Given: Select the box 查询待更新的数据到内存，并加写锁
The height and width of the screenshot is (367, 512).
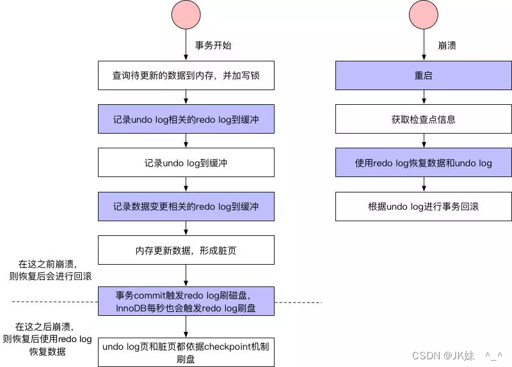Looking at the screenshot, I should point(186,75).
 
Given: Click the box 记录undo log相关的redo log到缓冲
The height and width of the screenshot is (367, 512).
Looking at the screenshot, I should point(186,119).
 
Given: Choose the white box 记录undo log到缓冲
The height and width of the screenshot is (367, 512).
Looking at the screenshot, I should point(186,163).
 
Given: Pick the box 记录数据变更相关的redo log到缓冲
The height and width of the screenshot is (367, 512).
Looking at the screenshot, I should point(186,207).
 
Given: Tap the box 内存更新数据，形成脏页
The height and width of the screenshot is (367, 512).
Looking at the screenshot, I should point(186,251).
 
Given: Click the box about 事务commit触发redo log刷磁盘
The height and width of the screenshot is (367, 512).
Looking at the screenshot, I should point(186,302).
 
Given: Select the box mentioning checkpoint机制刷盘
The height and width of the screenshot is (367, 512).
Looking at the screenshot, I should point(186,352).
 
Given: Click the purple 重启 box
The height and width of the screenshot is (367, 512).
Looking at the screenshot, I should point(424,75).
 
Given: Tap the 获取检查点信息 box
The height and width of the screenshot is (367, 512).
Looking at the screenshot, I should point(424,119).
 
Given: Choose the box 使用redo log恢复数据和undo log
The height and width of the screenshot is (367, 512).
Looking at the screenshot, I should point(424,163).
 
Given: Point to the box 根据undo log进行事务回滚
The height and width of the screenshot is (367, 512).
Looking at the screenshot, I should point(424,207).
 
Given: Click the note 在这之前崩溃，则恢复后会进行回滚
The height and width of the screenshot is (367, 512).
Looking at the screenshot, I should point(50,269).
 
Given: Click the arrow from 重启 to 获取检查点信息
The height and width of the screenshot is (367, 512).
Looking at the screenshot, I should point(424,97).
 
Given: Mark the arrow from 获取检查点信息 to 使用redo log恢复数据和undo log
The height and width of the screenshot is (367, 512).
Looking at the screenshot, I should point(424,141).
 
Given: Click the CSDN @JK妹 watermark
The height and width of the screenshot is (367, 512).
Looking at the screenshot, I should point(456,355).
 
